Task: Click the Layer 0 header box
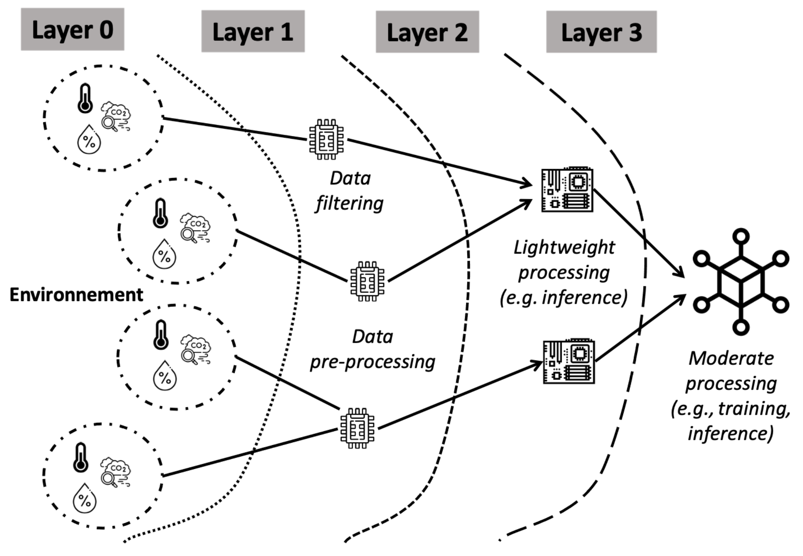72,29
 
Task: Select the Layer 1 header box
253,31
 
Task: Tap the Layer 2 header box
427,32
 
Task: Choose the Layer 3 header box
601,32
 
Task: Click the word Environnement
76,295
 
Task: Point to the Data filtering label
350,191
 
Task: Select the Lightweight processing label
564,273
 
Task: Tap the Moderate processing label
731,396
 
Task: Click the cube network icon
741,282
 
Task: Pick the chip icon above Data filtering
326,139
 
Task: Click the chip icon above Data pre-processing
367,281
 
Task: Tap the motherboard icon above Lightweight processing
567,189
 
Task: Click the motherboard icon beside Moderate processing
569,361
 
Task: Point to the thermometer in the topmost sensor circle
85,98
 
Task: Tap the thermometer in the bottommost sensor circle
80,458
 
